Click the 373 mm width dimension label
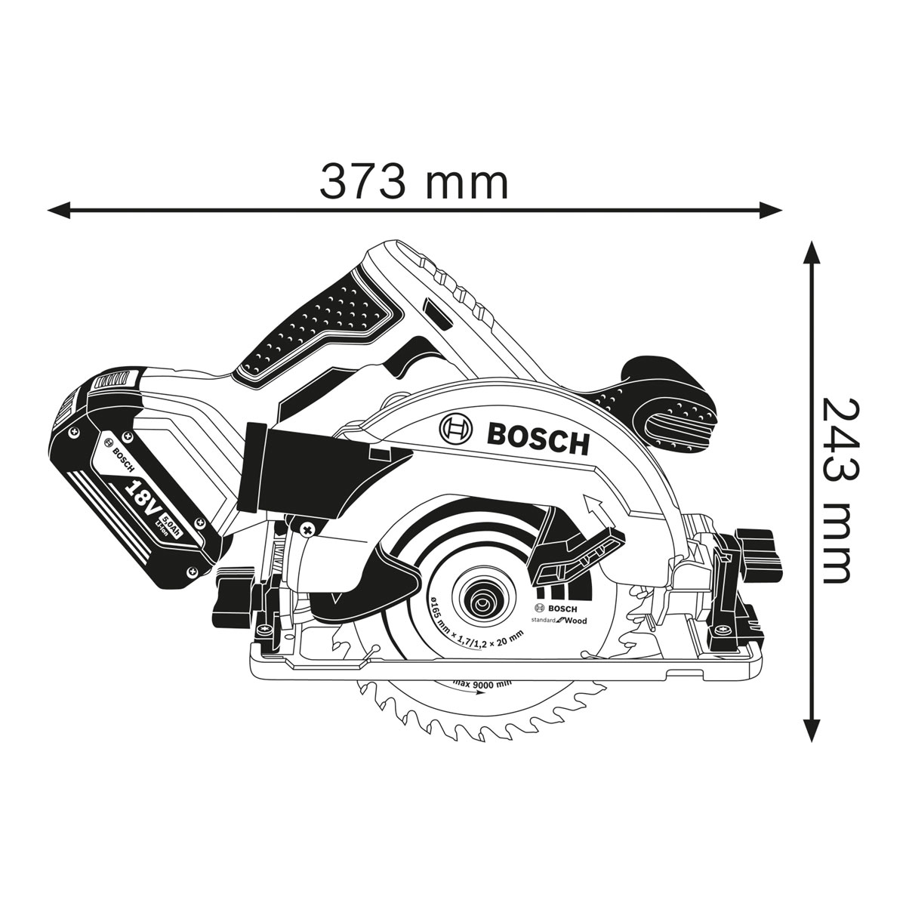click(414, 183)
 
